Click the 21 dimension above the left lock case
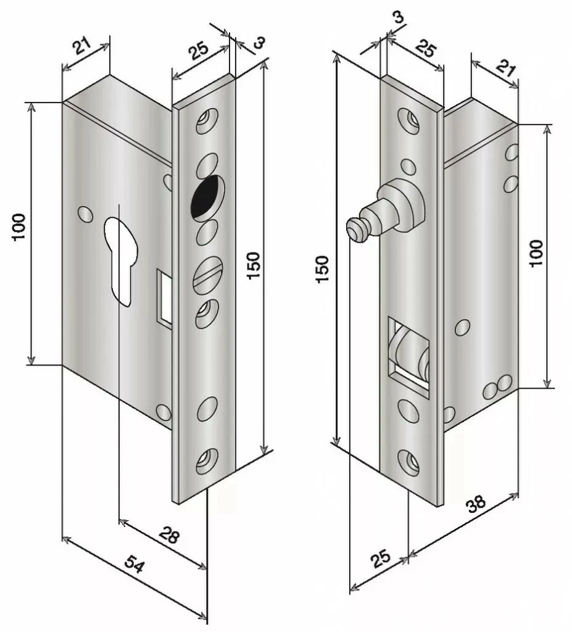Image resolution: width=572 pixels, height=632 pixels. [82, 47]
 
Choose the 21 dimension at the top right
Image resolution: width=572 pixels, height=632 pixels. [505, 67]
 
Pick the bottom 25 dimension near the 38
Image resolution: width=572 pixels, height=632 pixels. [381, 559]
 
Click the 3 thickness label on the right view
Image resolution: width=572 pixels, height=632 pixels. [398, 17]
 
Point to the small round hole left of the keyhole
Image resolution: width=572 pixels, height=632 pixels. [85, 214]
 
